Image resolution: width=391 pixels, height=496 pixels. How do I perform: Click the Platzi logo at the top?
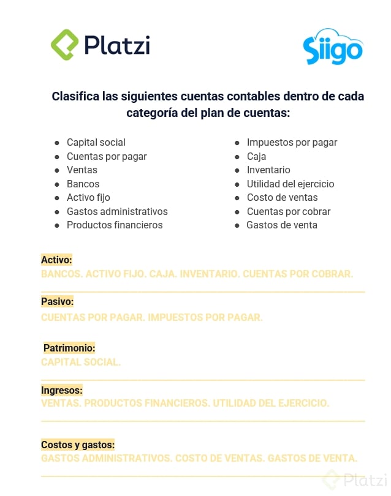100,44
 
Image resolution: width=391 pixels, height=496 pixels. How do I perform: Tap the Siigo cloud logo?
333,48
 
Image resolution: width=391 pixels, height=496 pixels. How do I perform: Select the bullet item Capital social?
96,143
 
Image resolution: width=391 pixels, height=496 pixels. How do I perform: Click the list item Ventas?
82,170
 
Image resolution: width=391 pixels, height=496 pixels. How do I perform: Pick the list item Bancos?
83,184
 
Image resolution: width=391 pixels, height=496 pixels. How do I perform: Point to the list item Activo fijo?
88,198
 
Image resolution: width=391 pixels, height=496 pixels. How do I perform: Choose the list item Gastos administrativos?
117,211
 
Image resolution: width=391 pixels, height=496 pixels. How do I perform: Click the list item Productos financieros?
115,225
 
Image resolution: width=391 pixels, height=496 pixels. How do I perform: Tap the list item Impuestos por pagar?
292,143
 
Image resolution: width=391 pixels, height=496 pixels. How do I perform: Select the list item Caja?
256,157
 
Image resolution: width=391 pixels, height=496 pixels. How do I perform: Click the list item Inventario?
268,170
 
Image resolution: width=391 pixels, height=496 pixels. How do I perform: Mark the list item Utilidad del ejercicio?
290,184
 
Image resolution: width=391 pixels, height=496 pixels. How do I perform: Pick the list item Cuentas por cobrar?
289,211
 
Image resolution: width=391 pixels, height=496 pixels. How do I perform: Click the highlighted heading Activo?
56,260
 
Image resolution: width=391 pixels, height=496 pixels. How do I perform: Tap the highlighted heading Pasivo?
57,302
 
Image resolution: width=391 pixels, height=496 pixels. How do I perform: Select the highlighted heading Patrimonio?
69,348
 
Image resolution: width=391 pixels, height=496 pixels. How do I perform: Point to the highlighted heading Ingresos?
61,390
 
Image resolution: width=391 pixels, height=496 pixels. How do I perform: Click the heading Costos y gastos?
78,445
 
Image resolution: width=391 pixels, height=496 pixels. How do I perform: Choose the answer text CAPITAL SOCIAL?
81,362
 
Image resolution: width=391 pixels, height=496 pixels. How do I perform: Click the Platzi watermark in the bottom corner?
357,479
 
